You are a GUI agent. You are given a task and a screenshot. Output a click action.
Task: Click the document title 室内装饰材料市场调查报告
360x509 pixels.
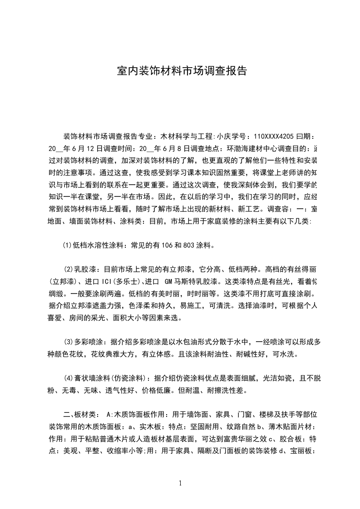(182, 71)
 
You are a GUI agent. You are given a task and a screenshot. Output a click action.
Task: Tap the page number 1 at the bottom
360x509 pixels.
(180, 483)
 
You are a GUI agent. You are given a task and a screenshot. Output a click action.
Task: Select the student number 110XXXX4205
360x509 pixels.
(274, 136)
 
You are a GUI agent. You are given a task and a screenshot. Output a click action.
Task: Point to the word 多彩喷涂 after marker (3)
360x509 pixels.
(91, 341)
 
